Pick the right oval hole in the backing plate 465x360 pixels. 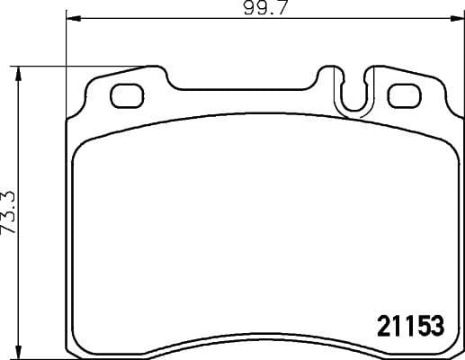click(402, 94)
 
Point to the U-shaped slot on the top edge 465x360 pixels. click(353, 92)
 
